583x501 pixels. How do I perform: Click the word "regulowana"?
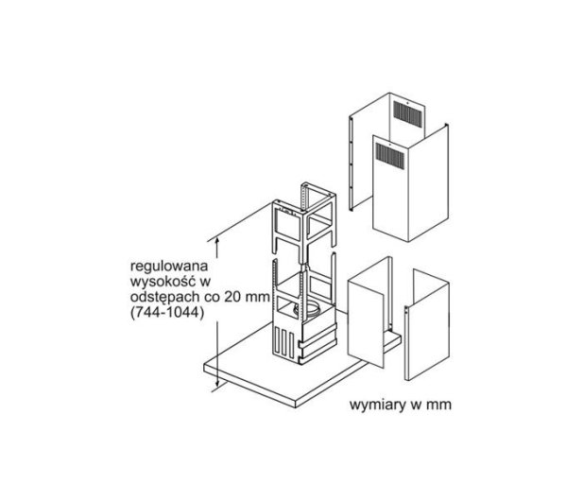169,267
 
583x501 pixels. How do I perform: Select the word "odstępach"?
164,298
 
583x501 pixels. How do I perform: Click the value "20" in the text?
231,297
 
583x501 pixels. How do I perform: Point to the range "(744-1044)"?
167,313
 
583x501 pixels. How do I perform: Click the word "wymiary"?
378,405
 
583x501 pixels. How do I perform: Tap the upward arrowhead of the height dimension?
217,241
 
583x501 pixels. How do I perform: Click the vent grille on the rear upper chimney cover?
408,115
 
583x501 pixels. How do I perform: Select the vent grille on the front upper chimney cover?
390,154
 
